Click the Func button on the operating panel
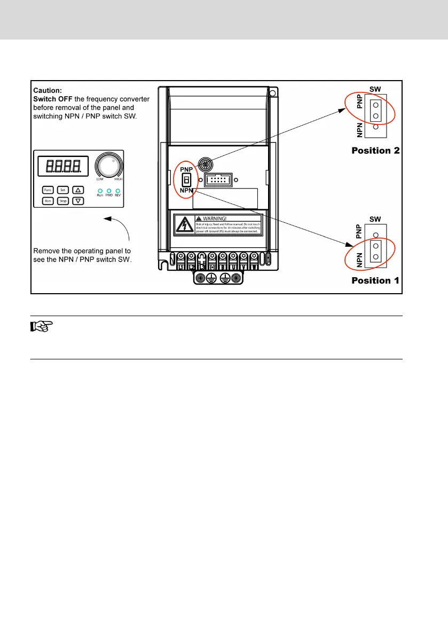48,190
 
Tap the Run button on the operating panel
48,201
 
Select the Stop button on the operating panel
62,201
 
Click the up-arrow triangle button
78,190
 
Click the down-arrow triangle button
78,201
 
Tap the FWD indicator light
108,191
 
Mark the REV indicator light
117,191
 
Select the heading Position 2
375,151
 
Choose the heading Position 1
375,280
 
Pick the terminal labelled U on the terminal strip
232,260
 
